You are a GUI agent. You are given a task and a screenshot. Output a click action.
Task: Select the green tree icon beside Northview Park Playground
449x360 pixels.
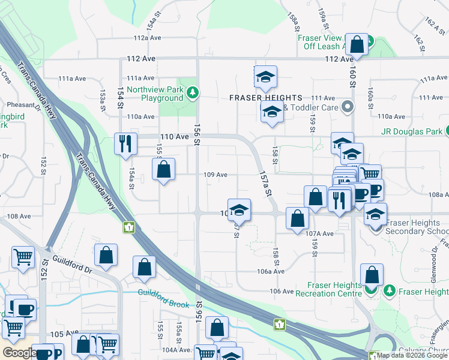[x=192, y=92]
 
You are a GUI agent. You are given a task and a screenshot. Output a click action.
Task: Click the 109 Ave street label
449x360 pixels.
[x=215, y=175]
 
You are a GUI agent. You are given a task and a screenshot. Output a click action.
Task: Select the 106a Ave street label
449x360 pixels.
[x=271, y=271]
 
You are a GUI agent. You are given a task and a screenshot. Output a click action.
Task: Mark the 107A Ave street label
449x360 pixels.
[x=319, y=233]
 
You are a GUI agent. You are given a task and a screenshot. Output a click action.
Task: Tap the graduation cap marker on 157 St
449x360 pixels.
[x=239, y=210]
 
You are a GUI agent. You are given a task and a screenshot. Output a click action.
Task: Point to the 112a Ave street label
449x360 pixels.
[x=148, y=37]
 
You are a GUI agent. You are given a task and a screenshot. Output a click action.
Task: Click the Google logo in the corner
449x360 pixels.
[x=19, y=353]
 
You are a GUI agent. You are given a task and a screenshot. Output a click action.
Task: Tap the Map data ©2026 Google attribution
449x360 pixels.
[x=412, y=355]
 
